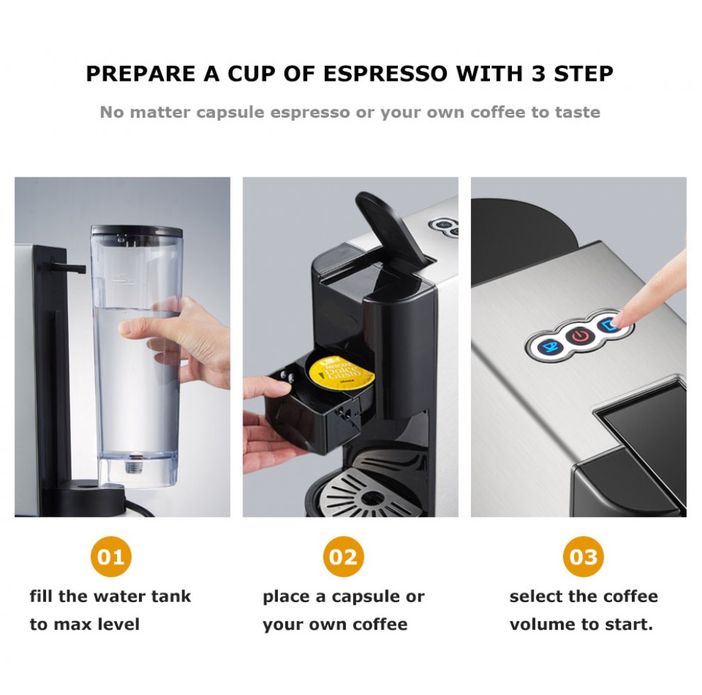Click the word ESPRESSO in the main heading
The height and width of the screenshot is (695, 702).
click(x=385, y=74)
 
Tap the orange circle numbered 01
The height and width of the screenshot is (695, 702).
click(x=111, y=557)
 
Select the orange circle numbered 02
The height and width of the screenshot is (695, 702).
click(x=343, y=557)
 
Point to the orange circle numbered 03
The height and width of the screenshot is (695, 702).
click(x=584, y=557)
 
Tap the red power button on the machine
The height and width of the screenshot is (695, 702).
click(x=580, y=336)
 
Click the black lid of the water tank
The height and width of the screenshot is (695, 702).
click(x=137, y=231)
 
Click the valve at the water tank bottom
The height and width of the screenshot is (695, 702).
click(x=133, y=466)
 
